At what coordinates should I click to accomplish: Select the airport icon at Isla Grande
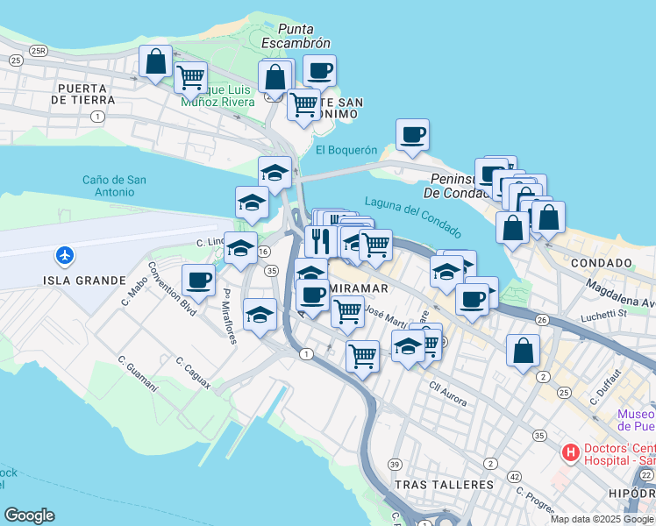pos(64,256)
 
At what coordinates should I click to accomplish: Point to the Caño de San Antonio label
pos(115,186)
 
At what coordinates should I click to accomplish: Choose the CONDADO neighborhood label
pos(601,263)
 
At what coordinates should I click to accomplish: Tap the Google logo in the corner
pos(29,515)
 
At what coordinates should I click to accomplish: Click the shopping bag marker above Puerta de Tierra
pos(155,62)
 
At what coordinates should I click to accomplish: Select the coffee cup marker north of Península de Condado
pos(412,134)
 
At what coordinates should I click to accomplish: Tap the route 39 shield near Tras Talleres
pos(396,464)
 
